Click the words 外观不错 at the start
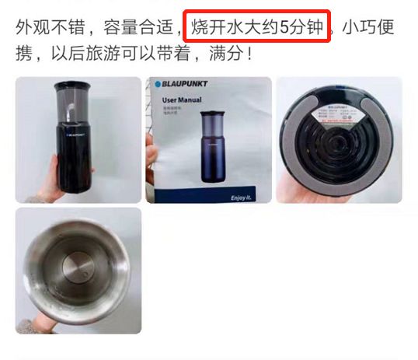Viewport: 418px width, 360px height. coord(47,29)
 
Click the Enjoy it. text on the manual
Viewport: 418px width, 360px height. coord(243,197)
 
